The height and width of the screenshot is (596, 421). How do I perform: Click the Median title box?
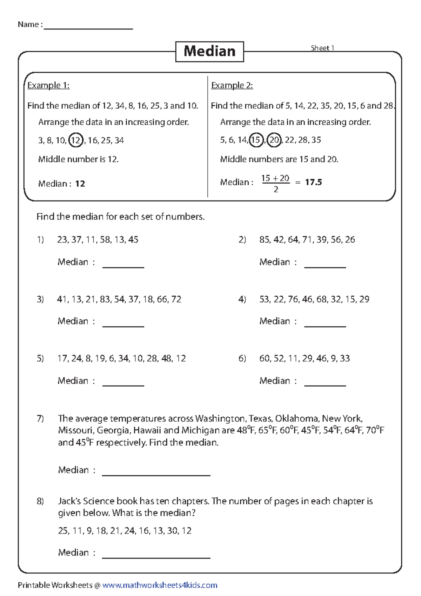coord(209,52)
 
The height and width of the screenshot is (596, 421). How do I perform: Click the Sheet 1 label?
coord(322,48)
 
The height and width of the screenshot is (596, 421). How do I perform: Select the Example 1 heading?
coord(48,85)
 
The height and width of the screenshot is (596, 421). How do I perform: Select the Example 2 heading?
coord(232,85)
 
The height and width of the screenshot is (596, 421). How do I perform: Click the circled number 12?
coord(75,140)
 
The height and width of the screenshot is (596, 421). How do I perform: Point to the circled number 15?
coord(256,140)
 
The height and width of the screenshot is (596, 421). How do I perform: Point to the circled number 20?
coord(274,140)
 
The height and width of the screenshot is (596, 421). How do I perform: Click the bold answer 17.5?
coord(313,182)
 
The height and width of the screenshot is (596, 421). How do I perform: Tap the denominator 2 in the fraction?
coord(276,190)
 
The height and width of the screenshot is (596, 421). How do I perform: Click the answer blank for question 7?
coord(156,472)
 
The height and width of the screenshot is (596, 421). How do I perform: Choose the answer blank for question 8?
coord(156,554)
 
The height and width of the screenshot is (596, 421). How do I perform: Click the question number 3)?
coord(40,299)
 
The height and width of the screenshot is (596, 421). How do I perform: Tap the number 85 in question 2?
coord(264,240)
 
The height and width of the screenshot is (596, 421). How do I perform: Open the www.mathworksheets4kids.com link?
coord(160,585)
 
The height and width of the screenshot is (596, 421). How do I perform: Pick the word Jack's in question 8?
coord(69,501)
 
